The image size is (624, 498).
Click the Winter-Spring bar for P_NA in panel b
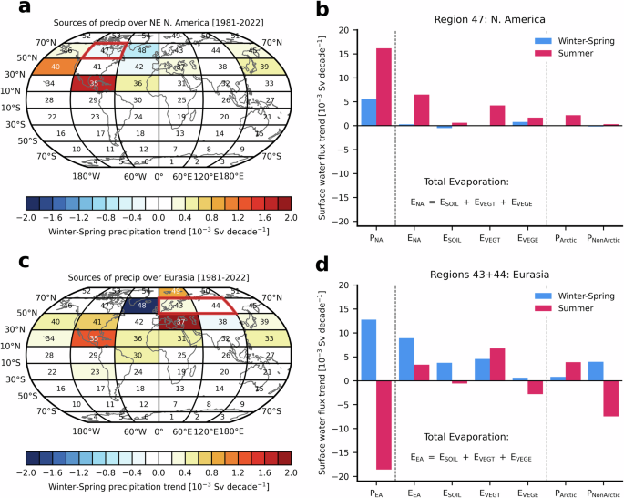(x=369, y=112)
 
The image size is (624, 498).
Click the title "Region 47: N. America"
(x=476, y=18)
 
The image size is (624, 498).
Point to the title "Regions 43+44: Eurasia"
(x=476, y=273)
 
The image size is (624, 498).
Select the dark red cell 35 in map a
(x=94, y=83)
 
